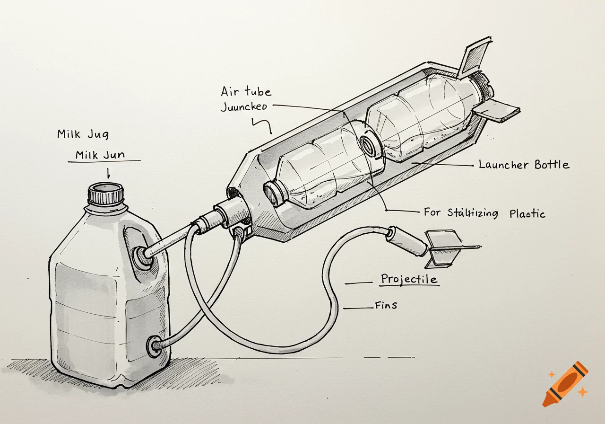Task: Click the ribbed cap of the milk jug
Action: click(106, 194)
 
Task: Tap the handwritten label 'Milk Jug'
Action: click(83, 134)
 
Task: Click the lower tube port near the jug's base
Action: click(154, 346)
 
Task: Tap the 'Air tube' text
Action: click(246, 92)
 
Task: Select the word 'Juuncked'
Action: click(244, 106)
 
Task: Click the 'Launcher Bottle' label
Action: click(524, 165)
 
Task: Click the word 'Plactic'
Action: click(527, 213)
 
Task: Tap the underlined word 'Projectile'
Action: click(409, 279)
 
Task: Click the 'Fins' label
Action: click(386, 305)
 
